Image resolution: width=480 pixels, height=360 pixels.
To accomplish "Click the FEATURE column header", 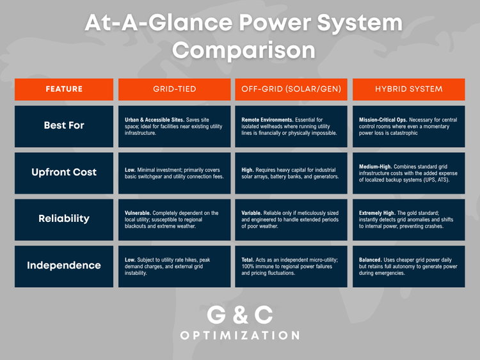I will (64, 89).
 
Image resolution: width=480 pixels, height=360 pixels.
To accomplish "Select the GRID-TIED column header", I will (174, 89).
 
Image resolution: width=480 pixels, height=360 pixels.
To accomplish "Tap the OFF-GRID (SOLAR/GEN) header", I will (291, 89).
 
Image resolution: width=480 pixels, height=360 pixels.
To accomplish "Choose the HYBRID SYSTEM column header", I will (408, 89).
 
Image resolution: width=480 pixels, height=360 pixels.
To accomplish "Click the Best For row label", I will (64, 125).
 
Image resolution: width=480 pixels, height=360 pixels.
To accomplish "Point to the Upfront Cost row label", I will (64, 172).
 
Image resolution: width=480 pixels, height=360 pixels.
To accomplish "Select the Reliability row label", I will (64, 219).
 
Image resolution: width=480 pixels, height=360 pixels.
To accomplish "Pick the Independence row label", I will (64, 265).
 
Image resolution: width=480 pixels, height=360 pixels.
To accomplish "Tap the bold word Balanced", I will (372, 260).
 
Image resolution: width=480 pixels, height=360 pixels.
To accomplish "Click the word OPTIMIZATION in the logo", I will (240, 335).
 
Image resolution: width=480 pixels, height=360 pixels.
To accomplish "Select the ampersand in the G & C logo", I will (240, 315).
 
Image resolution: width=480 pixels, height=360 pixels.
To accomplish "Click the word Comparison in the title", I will (244, 50).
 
